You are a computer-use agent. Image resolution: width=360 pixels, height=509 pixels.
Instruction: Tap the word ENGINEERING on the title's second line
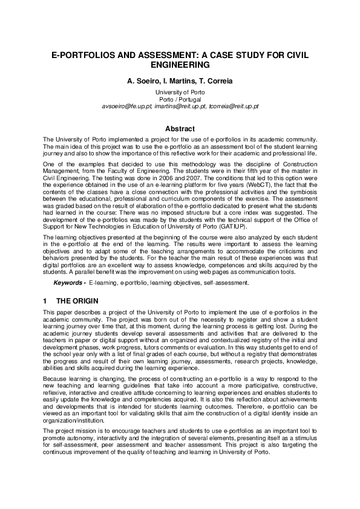(180, 64)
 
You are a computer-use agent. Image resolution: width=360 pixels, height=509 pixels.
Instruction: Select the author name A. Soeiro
(144, 80)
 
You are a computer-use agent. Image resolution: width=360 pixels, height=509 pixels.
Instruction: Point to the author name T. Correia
(217, 80)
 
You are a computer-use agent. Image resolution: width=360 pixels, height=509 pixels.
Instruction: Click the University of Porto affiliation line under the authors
(180, 91)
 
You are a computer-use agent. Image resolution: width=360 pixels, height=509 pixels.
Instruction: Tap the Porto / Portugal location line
(180, 99)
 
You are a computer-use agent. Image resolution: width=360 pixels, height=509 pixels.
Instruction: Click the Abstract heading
(180, 129)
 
